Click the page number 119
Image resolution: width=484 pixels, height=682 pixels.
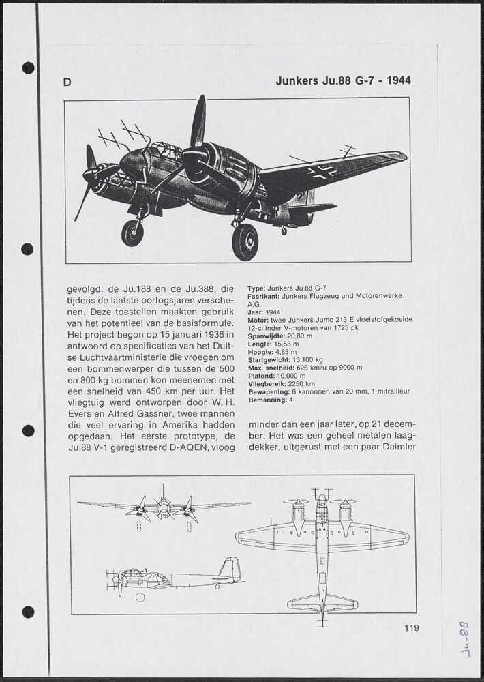point(411,628)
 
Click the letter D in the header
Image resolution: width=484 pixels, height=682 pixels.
point(67,83)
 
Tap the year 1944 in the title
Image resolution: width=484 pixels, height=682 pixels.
point(398,80)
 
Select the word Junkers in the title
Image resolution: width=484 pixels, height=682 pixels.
point(298,80)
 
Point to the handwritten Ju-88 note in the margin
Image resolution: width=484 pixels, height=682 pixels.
point(465,638)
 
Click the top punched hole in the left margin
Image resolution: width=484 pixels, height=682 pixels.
point(28,68)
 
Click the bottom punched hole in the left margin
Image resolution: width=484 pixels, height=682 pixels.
point(28,612)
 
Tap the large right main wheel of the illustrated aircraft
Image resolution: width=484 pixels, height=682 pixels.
point(245,242)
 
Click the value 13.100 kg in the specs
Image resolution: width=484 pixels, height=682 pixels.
point(307,359)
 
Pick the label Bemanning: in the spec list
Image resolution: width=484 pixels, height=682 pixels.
point(267,400)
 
